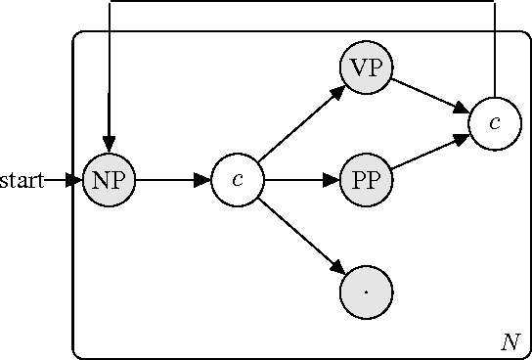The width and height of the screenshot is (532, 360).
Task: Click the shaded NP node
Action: pos(110,180)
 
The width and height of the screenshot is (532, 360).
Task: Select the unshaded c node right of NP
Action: pos(238,180)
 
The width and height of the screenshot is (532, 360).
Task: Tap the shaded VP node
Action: pos(366,69)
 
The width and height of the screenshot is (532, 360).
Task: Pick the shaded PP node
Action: pos(366,180)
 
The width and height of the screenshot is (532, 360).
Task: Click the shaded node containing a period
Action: pos(366,292)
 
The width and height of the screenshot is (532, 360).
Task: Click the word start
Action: pos(22,180)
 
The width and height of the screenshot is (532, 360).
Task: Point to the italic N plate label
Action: pos(510,341)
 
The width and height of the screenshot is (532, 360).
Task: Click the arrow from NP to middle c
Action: pos(173,180)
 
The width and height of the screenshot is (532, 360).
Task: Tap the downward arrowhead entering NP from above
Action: pos(110,146)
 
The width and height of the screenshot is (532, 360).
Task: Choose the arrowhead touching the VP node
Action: pos(338,92)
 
